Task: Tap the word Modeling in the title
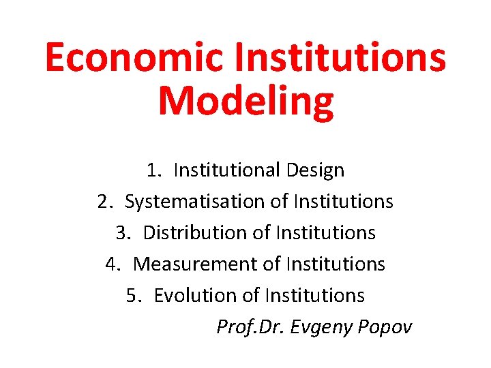coord(245,101)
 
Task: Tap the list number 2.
coord(104,202)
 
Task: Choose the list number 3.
coord(122,233)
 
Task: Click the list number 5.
coord(133,296)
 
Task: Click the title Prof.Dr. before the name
coord(250,327)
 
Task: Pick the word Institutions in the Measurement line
coord(336,264)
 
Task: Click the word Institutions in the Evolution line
coord(315,296)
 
